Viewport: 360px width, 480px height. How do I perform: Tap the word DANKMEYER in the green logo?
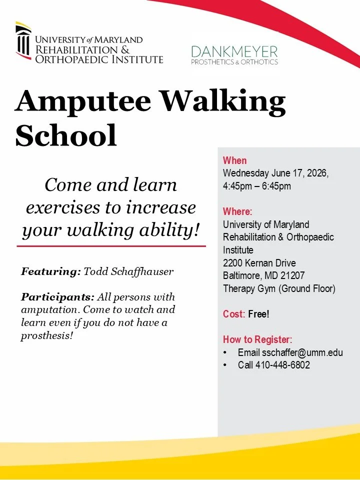pos(234,51)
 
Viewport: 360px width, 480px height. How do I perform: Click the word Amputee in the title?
pos(82,101)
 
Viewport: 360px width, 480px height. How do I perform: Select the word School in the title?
pos(66,135)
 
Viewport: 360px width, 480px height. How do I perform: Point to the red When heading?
pos(235,160)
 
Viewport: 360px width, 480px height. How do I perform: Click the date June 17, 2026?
pos(299,173)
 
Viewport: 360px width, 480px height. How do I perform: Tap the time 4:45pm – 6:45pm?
pos(257,186)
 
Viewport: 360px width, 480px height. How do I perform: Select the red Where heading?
pos(237,211)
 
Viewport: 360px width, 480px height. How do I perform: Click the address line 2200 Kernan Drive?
pos(259,263)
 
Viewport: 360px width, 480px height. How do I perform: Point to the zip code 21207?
pos(292,275)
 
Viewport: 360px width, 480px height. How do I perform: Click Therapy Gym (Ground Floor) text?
pos(279,288)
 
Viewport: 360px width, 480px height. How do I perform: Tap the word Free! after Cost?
pos(258,314)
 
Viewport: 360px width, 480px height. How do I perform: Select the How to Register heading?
pos(258,339)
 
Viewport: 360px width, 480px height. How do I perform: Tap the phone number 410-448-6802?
pos(282,365)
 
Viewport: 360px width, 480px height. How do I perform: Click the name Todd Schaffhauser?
pos(128,271)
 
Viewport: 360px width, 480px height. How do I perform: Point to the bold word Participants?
pos(57,297)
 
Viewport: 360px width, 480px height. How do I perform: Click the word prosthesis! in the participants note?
pos(47,336)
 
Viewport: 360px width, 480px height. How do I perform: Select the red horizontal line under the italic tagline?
pos(111,246)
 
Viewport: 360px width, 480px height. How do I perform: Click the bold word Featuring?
pos(51,271)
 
